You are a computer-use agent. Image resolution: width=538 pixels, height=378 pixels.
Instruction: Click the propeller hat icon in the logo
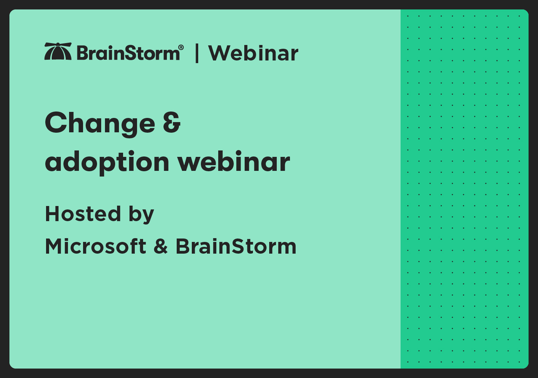coord(58,51)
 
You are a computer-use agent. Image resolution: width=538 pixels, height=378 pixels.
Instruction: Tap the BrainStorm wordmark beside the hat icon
coord(128,53)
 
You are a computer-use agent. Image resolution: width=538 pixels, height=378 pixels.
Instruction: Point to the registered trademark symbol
coord(181,47)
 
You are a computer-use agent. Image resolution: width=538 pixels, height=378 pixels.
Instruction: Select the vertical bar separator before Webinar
coord(197,53)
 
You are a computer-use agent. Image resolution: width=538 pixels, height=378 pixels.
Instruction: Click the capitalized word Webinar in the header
coord(253,53)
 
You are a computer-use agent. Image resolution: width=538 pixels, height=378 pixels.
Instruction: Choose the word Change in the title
coord(100,123)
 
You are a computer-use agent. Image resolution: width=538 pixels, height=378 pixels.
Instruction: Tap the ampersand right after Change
coord(172,123)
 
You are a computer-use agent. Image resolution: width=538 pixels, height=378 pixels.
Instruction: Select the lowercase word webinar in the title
coord(234,162)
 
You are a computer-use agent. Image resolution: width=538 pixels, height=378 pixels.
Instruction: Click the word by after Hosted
coord(141,215)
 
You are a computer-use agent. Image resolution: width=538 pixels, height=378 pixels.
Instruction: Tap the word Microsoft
coord(96,246)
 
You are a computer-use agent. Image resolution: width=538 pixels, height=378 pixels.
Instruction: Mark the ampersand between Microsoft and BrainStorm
coord(161,246)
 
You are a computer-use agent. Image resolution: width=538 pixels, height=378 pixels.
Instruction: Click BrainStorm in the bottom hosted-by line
coord(236,246)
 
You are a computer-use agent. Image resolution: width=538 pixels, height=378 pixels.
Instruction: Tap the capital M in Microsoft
coord(54,246)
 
